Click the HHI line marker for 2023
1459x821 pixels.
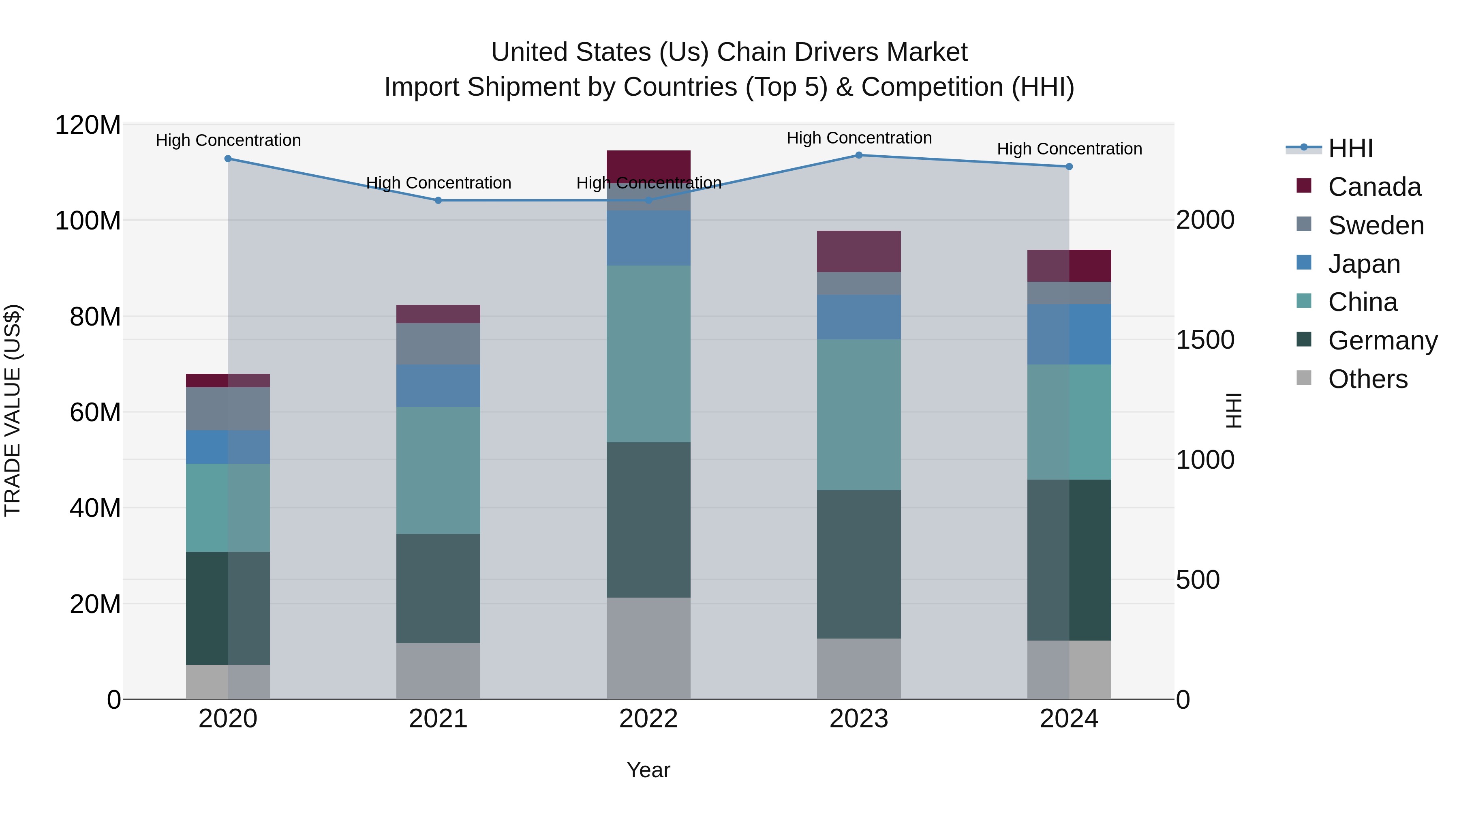pos(859,155)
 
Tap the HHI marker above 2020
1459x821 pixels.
pos(228,159)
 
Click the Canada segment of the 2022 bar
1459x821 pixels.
pos(648,165)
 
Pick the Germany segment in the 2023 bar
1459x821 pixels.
pos(859,564)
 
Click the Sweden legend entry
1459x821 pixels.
pos(1375,225)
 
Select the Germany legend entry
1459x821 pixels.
pos(1382,341)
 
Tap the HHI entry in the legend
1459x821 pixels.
pos(1350,148)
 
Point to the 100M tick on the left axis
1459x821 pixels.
pos(88,221)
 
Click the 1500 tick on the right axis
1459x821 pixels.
pos(1205,340)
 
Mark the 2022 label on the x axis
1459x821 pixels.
pos(648,719)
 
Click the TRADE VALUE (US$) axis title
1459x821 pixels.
pos(13,410)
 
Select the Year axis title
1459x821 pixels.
pos(648,770)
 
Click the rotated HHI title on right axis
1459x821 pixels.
pos(1233,410)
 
